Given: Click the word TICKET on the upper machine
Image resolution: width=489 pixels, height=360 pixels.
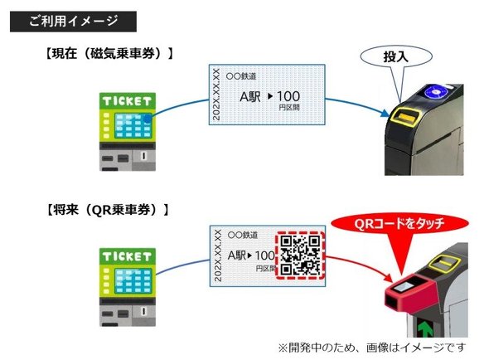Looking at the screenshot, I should click(127, 101).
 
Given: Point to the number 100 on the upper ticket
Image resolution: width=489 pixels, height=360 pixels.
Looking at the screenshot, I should click(292, 97).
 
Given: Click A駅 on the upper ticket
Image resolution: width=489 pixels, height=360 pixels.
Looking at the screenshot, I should click(249, 98).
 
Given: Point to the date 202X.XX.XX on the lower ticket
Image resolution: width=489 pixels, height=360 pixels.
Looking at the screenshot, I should click(217, 255).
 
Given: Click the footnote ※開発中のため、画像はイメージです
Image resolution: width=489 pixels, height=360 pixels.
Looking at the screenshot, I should click(371, 346).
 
